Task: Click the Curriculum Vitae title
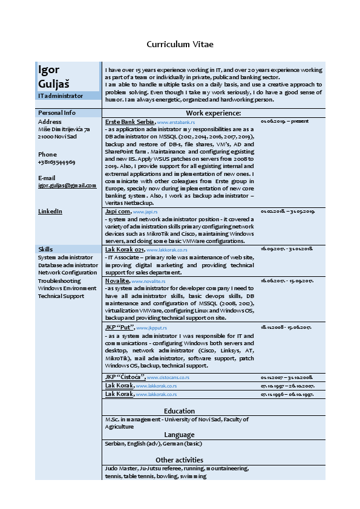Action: pyautogui.click(x=180, y=44)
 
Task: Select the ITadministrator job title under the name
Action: pyautogui.click(x=61, y=96)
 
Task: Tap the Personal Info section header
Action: pyautogui.click(x=57, y=113)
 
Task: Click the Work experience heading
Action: pyautogui.click(x=214, y=113)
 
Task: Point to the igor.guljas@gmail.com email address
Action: pyautogui.click(x=67, y=186)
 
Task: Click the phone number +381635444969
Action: pyautogui.click(x=56, y=163)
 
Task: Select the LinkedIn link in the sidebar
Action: pyautogui.click(x=50, y=212)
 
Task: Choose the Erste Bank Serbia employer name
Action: pyautogui.click(x=130, y=122)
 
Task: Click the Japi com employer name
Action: pyautogui.click(x=117, y=212)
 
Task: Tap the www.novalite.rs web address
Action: pyautogui.click(x=149, y=282)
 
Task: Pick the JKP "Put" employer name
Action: pyautogui.click(x=119, y=327)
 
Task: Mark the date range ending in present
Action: pyautogui.click(x=284, y=122)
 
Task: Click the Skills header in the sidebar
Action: pyautogui.click(x=45, y=249)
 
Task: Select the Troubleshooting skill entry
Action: pyautogui.click(x=59, y=280)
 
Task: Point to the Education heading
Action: pyautogui.click(x=179, y=411)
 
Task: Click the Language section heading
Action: pyautogui.click(x=179, y=435)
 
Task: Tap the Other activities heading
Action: pyautogui.click(x=179, y=460)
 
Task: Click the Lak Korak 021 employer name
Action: pyautogui.click(x=124, y=249)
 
